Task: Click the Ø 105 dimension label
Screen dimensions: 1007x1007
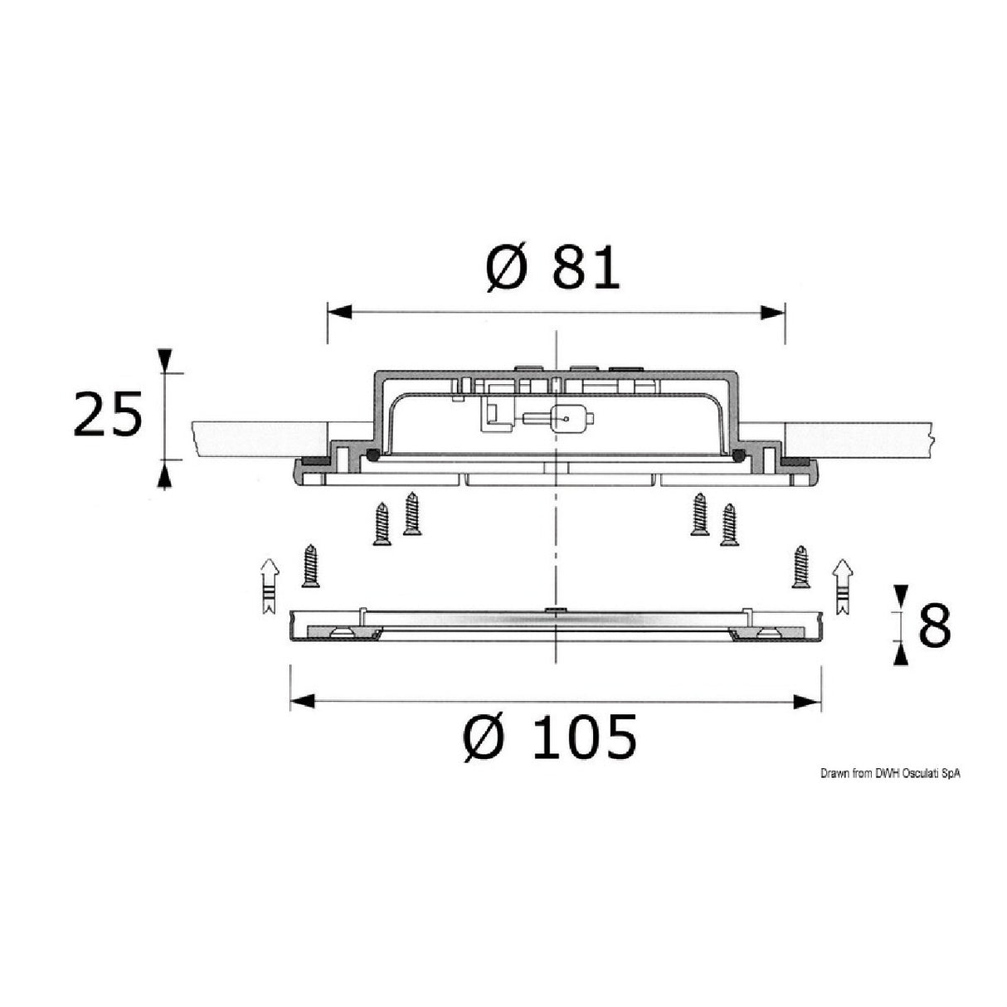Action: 550,737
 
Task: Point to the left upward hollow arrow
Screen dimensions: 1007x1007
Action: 269,586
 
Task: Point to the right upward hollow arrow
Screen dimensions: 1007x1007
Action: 842,586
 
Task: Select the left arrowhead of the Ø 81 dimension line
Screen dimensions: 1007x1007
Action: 338,313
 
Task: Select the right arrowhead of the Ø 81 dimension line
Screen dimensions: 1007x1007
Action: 773,313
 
